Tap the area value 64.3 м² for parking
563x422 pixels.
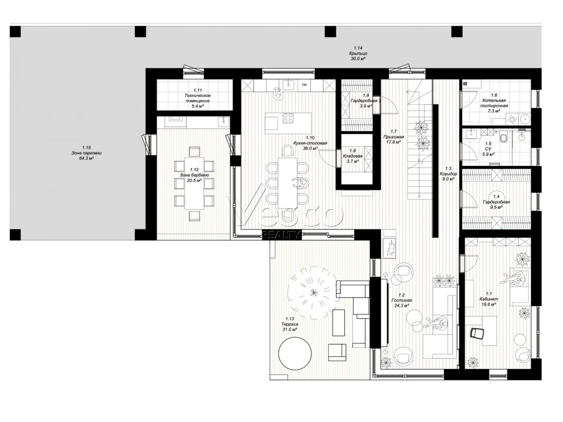click(x=86, y=158)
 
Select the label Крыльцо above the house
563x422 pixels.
click(x=358, y=53)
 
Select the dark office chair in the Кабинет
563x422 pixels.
click(x=477, y=333)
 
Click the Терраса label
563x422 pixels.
click(x=288, y=324)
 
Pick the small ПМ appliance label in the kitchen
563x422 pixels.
click(x=304, y=85)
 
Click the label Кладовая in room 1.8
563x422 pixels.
click(x=352, y=156)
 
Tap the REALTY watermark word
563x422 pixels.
click(x=281, y=235)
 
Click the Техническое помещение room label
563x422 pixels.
click(x=197, y=98)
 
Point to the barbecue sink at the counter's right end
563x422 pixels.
click(x=223, y=122)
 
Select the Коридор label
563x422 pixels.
click(x=448, y=174)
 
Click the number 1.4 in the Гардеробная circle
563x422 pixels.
click(x=496, y=196)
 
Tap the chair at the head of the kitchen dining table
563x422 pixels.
click(x=287, y=151)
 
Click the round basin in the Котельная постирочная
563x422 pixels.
click(x=525, y=119)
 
